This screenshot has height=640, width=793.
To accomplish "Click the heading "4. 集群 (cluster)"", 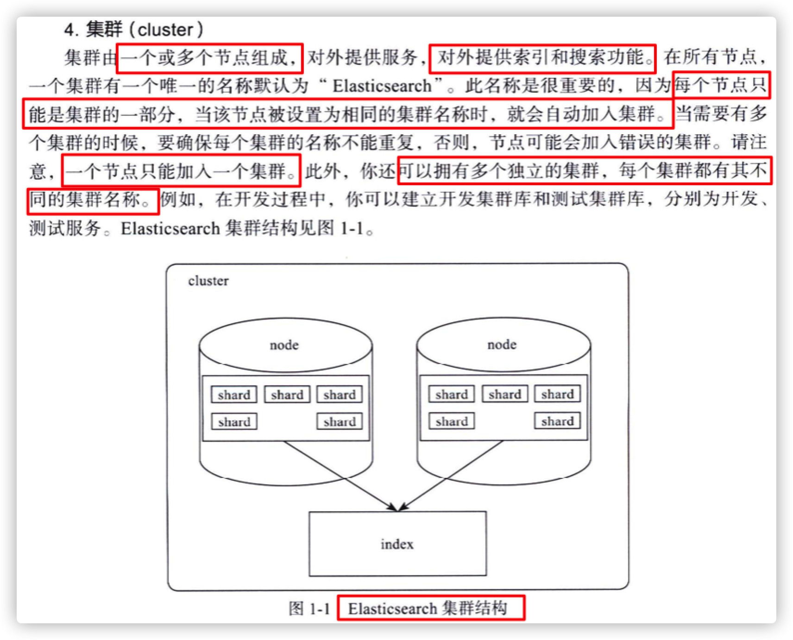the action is click(134, 30).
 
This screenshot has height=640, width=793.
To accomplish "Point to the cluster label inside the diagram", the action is click(208, 281).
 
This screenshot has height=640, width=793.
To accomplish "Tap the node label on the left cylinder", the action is click(284, 345).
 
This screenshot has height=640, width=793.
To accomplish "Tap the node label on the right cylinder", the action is click(502, 345).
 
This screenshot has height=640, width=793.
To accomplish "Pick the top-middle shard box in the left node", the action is click(287, 395).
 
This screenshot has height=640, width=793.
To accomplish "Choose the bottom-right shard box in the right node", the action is click(557, 421).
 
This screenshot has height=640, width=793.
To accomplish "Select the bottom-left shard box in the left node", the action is click(234, 422).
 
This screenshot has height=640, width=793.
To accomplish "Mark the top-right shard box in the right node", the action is click(557, 394).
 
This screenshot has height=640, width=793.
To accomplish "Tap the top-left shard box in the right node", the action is click(452, 394).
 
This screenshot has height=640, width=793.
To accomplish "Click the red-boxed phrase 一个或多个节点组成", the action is click(209, 58).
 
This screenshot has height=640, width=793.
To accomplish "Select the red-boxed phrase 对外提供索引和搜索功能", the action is click(542, 58).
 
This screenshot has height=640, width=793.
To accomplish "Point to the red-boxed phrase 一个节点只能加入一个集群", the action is click(181, 171).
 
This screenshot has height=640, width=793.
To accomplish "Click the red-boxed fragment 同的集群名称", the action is click(93, 201).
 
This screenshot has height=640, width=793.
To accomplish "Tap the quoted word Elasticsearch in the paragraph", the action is click(382, 86).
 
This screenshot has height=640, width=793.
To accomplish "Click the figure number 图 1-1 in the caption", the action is click(309, 608).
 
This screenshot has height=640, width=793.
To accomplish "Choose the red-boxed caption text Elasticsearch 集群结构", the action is click(430, 608).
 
